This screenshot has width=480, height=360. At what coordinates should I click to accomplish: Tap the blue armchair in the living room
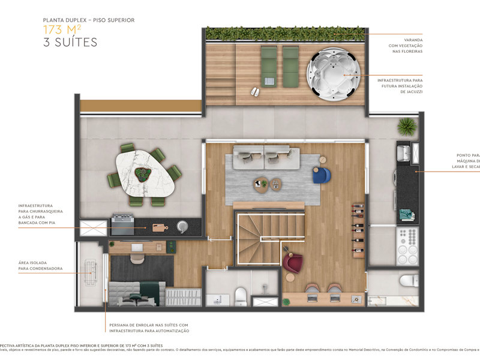[321, 175]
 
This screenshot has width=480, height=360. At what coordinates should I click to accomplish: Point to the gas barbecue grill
[122, 226]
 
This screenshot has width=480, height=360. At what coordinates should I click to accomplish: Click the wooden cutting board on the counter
[159, 227]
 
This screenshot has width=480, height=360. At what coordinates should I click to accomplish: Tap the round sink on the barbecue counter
[181, 226]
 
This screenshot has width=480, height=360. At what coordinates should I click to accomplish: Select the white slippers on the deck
[255, 91]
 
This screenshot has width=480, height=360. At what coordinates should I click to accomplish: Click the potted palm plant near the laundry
[407, 126]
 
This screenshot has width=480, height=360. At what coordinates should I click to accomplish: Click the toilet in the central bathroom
[241, 295]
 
